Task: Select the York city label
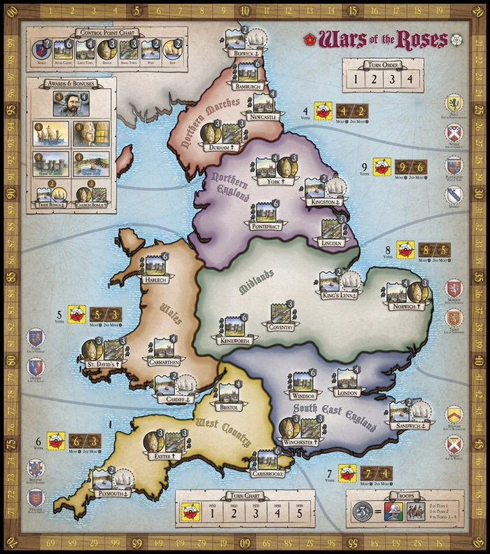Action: click(268, 181)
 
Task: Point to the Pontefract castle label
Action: click(263, 226)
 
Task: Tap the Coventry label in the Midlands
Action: click(278, 326)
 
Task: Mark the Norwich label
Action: click(407, 305)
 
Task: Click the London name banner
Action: click(347, 393)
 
